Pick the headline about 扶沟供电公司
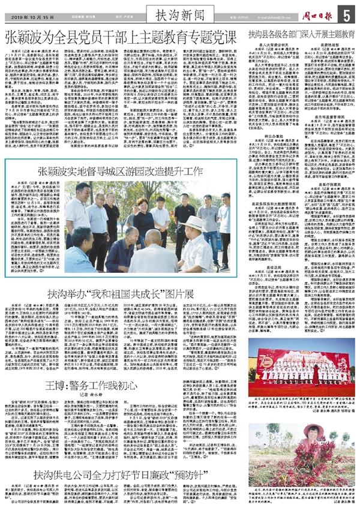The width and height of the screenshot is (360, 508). (x=120, y=474)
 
